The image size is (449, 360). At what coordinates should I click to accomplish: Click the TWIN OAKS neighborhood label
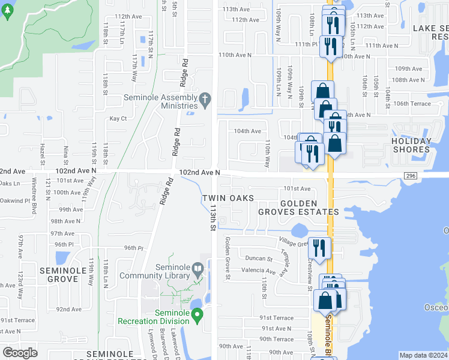click(228, 198)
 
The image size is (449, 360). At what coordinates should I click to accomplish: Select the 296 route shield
click(410, 175)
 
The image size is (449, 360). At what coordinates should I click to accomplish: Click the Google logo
click(20, 353)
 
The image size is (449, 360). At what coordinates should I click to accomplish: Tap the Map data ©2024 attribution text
click(424, 355)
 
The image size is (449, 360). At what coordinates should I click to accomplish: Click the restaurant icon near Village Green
click(319, 247)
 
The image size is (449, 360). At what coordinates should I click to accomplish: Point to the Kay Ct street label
click(118, 119)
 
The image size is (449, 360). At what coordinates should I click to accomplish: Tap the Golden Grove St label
click(228, 257)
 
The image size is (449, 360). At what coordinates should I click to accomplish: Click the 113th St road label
click(212, 218)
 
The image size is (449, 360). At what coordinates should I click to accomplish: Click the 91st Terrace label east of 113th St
click(276, 318)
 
